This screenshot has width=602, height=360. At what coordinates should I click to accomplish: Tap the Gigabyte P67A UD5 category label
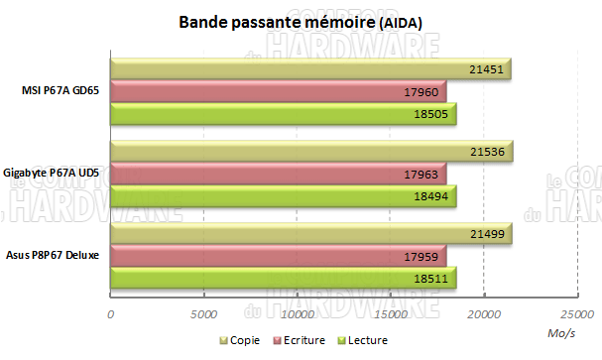click(58, 173)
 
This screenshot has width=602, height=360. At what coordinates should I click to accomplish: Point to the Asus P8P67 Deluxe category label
click(58, 255)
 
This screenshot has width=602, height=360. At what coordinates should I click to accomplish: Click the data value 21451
click(485, 68)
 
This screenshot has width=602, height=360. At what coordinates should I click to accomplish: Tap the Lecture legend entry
click(347, 340)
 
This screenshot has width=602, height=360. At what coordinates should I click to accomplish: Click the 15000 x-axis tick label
click(390, 314)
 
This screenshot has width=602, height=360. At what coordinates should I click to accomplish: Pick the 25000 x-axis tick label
click(576, 314)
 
